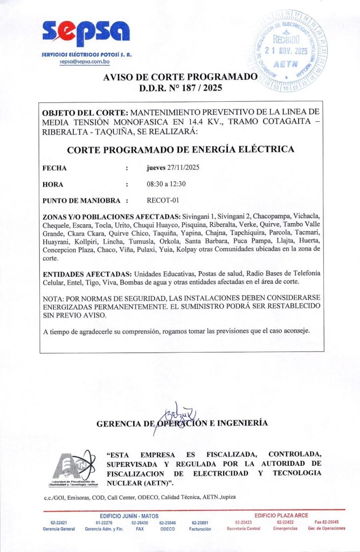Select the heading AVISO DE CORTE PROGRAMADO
(180, 77)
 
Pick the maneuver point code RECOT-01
(162, 201)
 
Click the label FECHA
(54, 168)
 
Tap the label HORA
(53, 184)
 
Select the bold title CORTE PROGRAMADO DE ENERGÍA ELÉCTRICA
(181, 149)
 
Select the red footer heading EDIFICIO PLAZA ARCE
(281, 516)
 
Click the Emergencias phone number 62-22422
(285, 522)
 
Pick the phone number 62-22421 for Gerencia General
(59, 522)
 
